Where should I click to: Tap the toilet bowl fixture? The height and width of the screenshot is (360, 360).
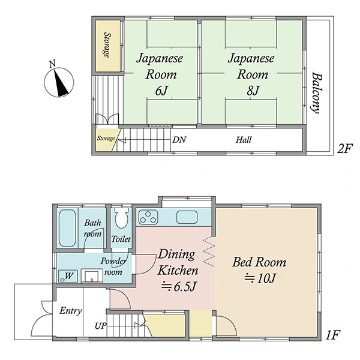[121, 218]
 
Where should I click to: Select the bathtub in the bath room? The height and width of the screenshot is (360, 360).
[67, 228]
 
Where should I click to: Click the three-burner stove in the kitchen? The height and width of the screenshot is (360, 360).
[148, 217]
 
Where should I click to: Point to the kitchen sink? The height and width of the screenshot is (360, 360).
[187, 217]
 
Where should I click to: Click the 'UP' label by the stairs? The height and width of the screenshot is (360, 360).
[101, 326]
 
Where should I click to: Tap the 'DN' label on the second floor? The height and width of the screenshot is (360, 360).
[179, 140]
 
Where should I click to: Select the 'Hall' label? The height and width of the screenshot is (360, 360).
[244, 140]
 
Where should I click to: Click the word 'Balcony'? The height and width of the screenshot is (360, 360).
[317, 93]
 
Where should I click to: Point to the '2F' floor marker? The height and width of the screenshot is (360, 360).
[344, 149]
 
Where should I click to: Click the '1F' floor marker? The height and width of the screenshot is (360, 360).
[332, 335]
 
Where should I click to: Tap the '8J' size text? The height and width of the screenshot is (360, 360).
[253, 91]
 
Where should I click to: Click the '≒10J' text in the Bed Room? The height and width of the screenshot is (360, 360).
[260, 278]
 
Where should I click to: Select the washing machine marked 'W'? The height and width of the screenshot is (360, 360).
[68, 276]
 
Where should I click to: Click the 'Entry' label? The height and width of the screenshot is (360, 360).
[70, 311]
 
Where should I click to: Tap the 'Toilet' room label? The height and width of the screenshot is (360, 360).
[121, 239]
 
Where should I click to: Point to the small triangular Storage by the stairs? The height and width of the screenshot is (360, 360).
[106, 140]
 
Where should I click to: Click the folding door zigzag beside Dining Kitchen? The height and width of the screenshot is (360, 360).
[209, 252]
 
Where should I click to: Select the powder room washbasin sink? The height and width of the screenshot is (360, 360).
[92, 276]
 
